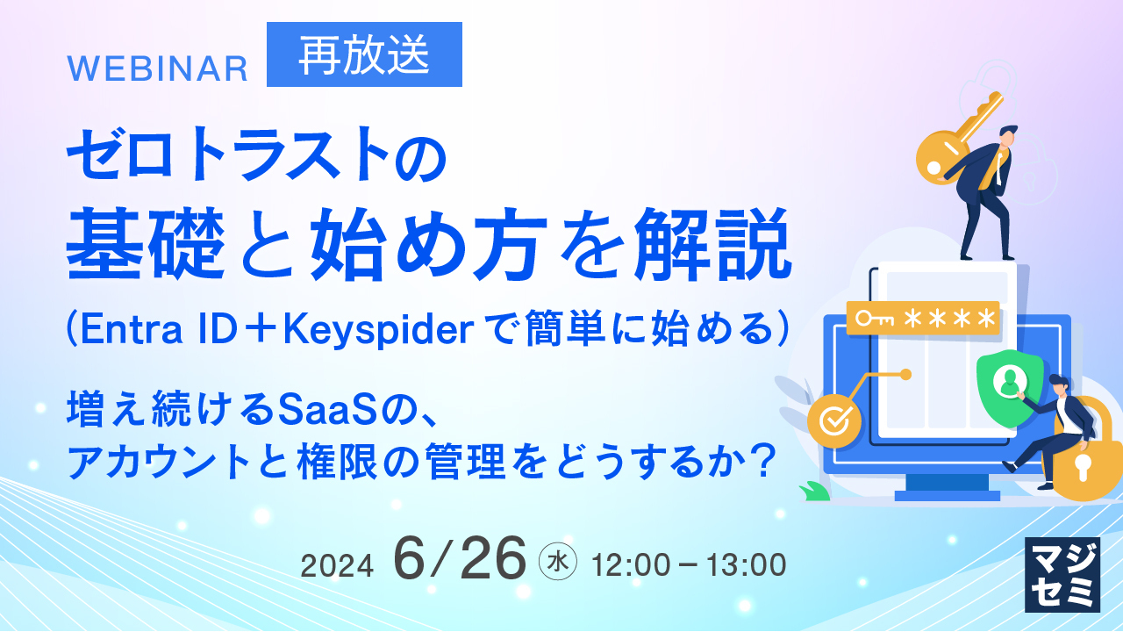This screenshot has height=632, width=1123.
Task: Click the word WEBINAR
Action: (x=157, y=68)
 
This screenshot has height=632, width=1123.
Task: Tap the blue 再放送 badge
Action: (x=364, y=54)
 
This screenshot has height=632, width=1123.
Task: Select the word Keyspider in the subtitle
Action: (x=378, y=329)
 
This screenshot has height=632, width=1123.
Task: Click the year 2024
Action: (x=337, y=566)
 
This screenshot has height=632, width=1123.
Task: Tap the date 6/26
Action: (x=460, y=558)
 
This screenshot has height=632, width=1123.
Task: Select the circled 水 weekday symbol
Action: (x=557, y=561)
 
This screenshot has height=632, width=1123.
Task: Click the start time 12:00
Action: (x=631, y=564)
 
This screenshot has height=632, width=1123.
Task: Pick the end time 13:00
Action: (x=746, y=564)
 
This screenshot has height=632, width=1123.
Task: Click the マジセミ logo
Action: (x=1062, y=575)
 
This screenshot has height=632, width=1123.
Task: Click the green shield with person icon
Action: (x=1009, y=387)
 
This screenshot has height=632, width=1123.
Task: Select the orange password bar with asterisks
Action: (x=923, y=318)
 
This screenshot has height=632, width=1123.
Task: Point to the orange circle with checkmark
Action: (x=834, y=420)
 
